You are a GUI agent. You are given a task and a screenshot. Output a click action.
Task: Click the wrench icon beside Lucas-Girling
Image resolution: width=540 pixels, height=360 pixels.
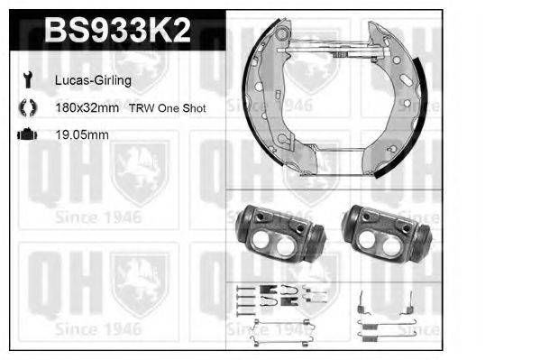coord(26,80)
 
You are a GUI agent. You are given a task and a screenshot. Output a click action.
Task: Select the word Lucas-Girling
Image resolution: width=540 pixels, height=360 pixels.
coord(92,80)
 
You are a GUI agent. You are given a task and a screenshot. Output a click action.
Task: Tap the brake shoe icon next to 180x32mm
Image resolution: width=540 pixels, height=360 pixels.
coord(26,107)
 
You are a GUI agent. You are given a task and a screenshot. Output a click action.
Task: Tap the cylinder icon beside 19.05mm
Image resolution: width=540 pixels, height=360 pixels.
coord(26,135)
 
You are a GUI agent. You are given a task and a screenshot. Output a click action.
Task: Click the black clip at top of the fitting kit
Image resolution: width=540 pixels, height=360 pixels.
coord(270,290)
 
